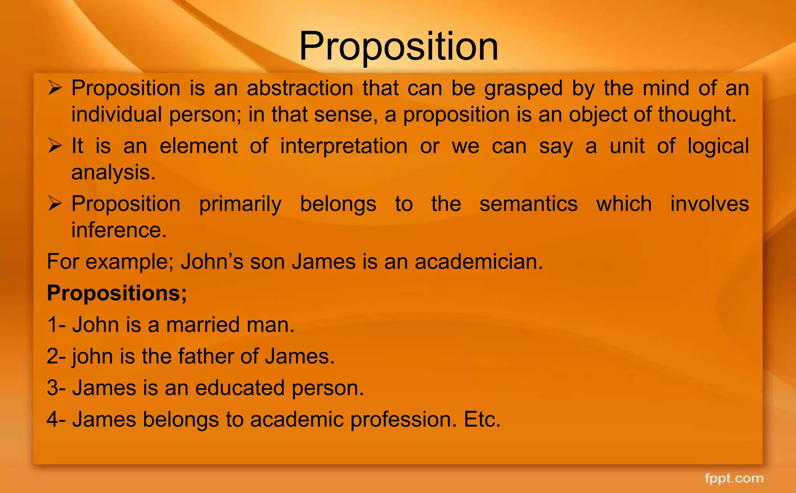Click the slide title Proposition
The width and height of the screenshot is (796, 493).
point(398,47)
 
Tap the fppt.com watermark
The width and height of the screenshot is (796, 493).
point(734,478)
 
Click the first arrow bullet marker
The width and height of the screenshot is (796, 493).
point(55,88)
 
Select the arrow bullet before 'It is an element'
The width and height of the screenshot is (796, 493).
point(55,146)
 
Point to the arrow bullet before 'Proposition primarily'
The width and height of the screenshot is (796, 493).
point(55,204)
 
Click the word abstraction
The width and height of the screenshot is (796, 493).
point(300,88)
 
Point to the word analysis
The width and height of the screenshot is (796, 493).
point(113,172)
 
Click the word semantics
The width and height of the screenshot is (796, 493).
point(528,204)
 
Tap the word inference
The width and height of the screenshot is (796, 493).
point(119,230)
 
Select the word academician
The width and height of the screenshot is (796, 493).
point(478,261)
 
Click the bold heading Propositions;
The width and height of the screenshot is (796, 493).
point(117,293)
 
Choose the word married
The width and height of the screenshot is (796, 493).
point(197,325)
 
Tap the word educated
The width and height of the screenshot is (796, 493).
point(240,388)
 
